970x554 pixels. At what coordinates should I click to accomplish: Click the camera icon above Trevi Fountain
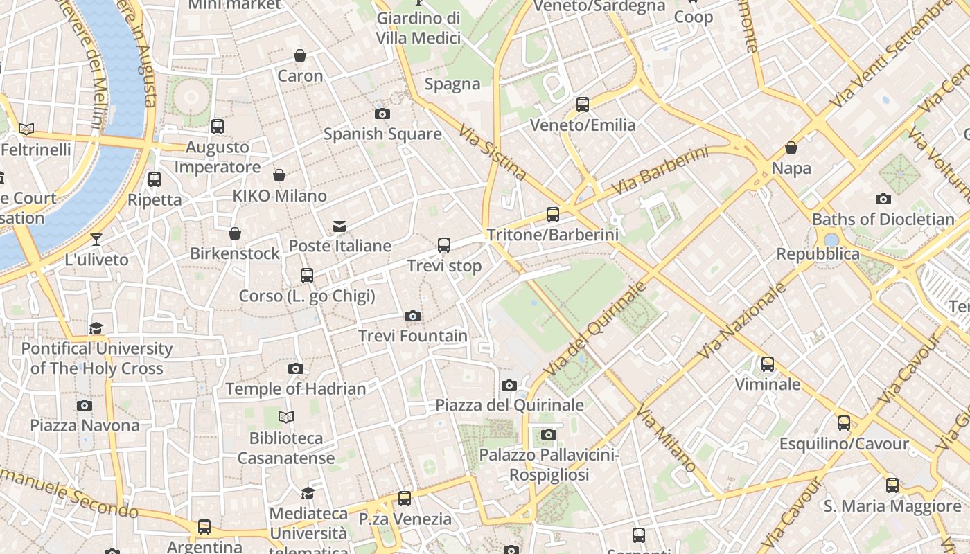(413, 316)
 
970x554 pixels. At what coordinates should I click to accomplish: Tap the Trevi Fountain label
(413, 336)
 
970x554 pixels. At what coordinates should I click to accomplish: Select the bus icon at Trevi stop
(444, 245)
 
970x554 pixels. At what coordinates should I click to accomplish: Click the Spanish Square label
(382, 134)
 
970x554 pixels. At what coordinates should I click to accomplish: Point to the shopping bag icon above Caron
(300, 55)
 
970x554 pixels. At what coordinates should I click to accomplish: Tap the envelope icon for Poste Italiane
(339, 226)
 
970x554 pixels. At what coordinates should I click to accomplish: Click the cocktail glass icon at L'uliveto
(96, 240)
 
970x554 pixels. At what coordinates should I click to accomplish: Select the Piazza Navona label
(85, 425)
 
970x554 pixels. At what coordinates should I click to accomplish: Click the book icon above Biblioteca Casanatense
(286, 417)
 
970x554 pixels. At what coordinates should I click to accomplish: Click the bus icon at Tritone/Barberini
(552, 215)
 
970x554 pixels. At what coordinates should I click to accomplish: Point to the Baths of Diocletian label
(883, 220)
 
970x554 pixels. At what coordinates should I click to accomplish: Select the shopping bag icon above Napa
(791, 148)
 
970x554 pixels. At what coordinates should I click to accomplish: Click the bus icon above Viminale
(768, 364)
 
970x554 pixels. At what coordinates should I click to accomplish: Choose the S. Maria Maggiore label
(892, 506)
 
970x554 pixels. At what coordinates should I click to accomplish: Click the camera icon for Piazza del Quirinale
(509, 385)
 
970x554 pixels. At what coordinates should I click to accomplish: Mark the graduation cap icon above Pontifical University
(96, 328)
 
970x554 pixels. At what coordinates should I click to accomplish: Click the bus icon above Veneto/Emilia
(583, 105)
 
